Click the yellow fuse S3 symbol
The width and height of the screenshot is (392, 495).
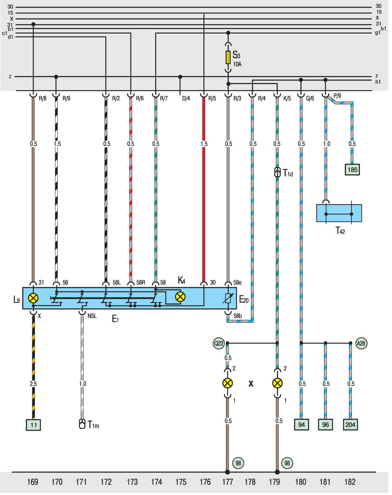tap(228, 57)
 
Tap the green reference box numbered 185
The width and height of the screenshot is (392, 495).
tap(352, 169)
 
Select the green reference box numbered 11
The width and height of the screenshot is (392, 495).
tap(33, 425)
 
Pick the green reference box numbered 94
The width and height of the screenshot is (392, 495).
tap(302, 425)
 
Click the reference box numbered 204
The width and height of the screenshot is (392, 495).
tap(350, 425)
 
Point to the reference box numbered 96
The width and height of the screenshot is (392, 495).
tap(325, 425)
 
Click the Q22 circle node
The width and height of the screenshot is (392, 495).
tap(219, 343)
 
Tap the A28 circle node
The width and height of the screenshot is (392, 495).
tap(361, 343)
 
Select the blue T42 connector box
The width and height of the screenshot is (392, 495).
tap(339, 213)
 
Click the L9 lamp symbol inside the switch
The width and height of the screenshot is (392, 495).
tap(33, 298)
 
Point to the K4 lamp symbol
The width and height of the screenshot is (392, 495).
tap(180, 297)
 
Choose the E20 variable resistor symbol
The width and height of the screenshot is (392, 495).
tap(228, 299)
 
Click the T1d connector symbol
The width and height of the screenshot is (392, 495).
tap(278, 172)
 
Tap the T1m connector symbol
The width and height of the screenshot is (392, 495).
tap(82, 424)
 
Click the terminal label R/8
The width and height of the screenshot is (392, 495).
tap(43, 99)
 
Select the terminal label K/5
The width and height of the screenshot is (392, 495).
tap(287, 99)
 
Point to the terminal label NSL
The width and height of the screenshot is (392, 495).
tap(92, 316)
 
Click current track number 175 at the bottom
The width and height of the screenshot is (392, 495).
tap(181, 482)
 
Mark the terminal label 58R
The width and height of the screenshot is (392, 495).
tap(141, 283)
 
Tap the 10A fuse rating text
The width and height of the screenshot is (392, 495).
tap(237, 64)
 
